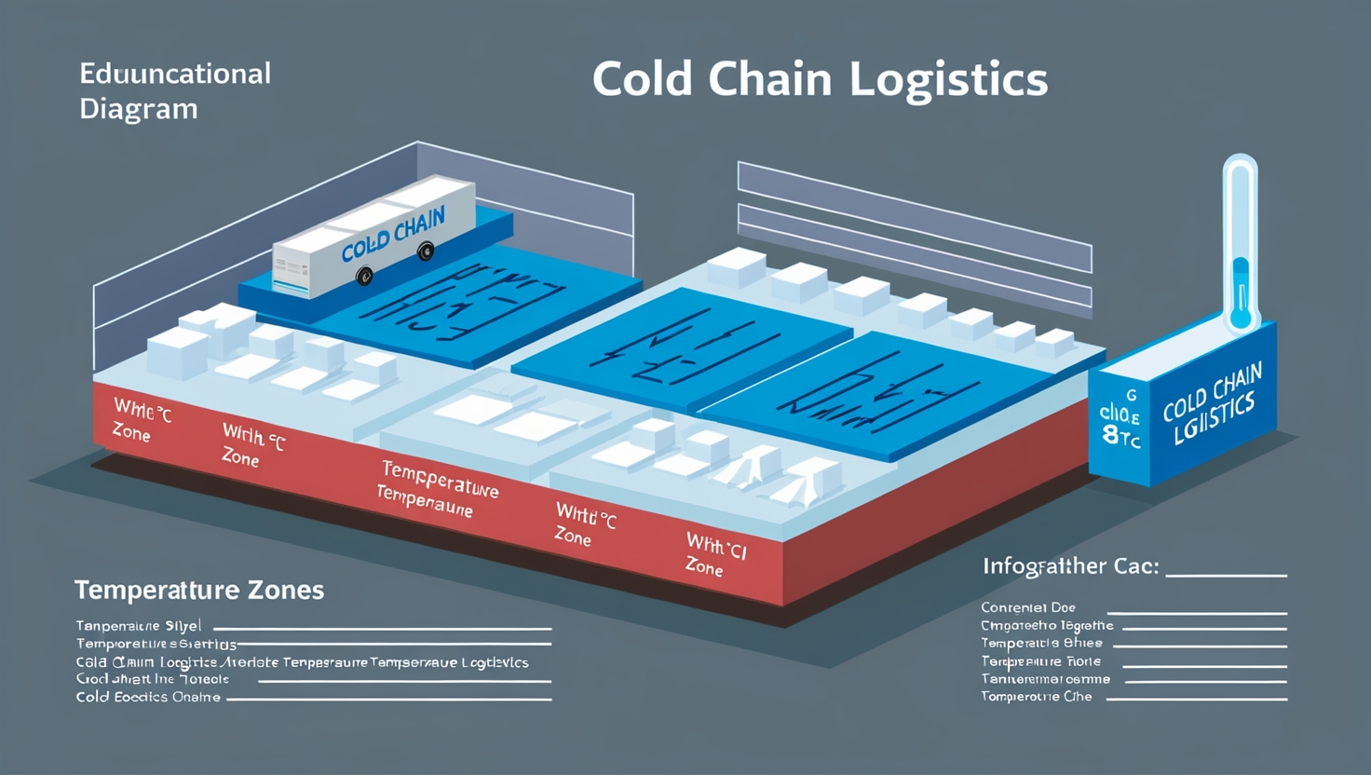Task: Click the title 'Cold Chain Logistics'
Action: point(820,79)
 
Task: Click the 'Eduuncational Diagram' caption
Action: point(175,90)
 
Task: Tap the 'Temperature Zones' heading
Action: point(199,590)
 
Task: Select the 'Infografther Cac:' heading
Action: point(1070,565)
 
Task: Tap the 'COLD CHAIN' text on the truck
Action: point(393,236)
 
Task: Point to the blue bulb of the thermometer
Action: point(1240,318)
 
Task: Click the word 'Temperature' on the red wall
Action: point(440,478)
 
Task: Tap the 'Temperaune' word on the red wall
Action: point(425,500)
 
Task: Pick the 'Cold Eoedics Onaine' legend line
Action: point(148,697)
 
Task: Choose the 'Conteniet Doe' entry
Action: point(1028,607)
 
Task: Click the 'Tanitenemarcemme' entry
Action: point(1045,679)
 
